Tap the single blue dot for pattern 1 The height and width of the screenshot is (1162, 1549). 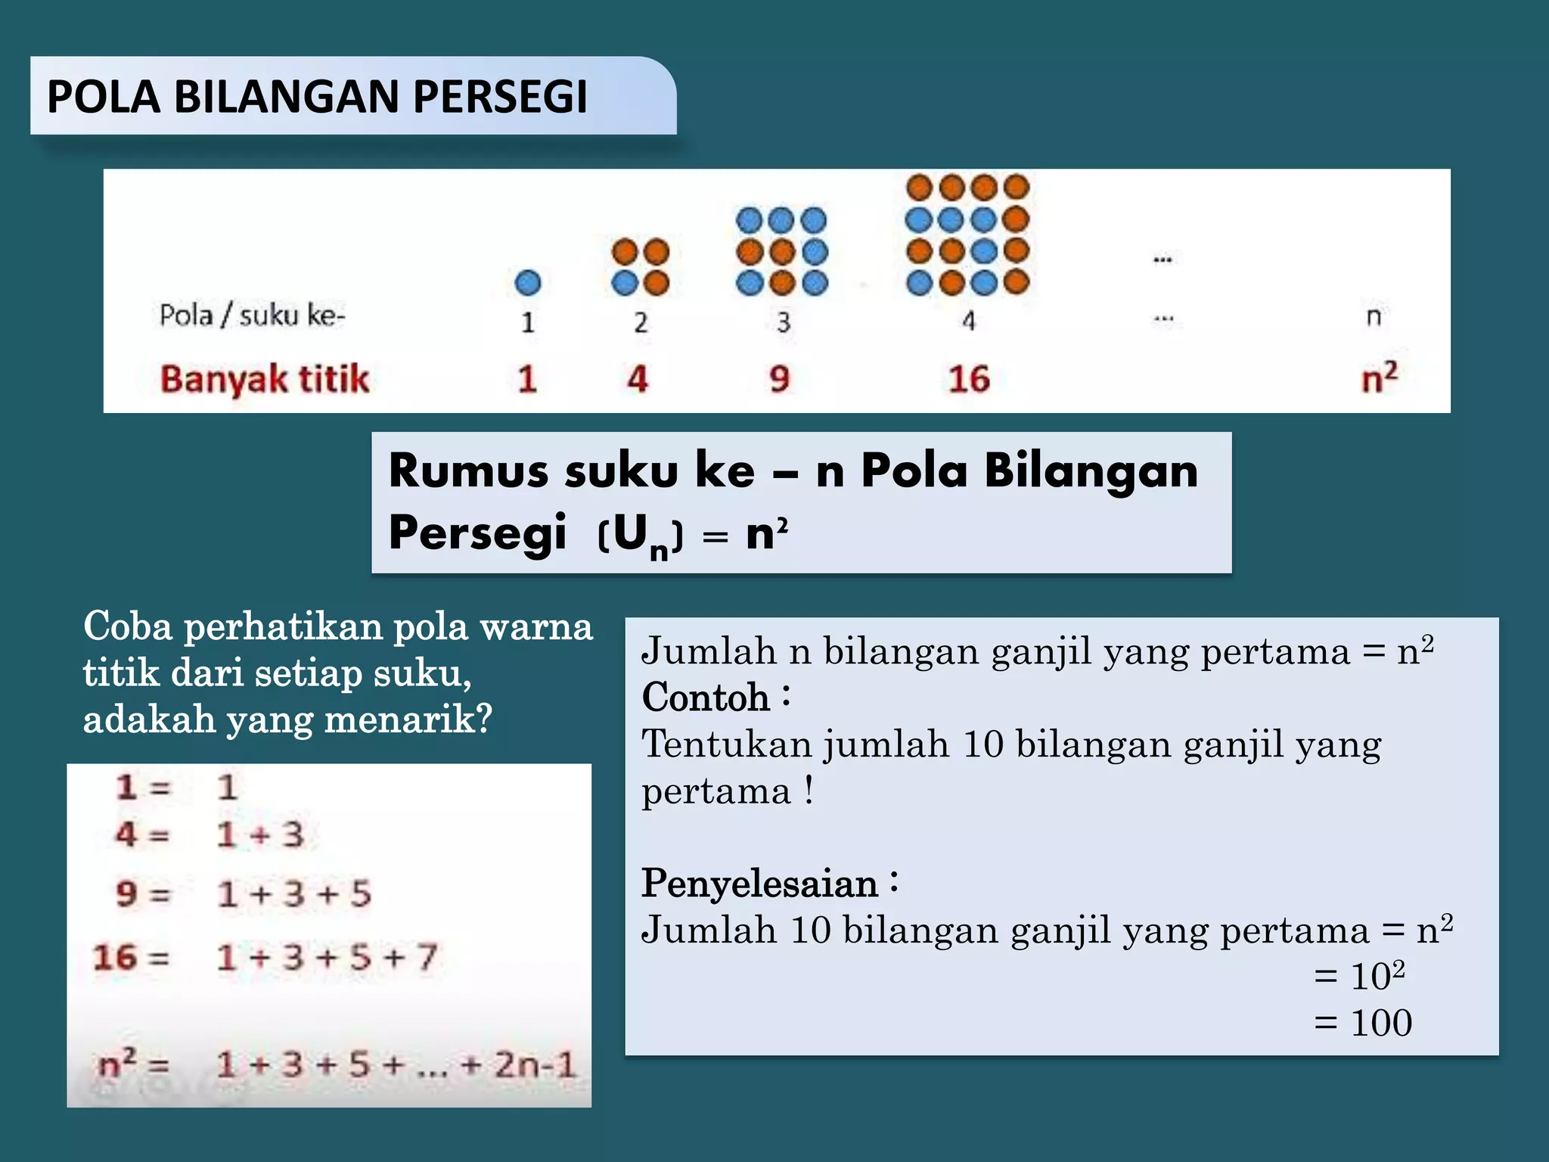click(x=527, y=283)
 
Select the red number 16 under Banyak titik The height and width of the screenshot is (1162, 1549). click(x=969, y=379)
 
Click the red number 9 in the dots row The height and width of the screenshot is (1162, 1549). click(x=780, y=379)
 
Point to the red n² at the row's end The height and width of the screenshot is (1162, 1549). click(x=1379, y=377)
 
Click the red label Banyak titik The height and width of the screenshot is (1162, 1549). click(x=265, y=379)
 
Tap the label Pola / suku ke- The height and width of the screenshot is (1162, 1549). click(x=252, y=315)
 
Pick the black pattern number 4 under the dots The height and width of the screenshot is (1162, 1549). click(x=969, y=322)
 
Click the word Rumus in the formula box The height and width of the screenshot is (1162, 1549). click(x=469, y=471)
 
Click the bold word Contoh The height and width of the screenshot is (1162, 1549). click(x=705, y=697)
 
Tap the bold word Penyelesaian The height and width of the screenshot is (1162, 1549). click(x=759, y=883)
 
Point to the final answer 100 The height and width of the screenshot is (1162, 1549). click(x=1381, y=1023)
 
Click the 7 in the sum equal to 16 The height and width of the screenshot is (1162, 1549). click(x=427, y=957)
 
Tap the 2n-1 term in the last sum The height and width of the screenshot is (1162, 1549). click(x=535, y=1065)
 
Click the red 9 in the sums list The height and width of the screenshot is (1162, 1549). click(x=126, y=894)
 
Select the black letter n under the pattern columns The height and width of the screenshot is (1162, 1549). click(x=1374, y=316)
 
